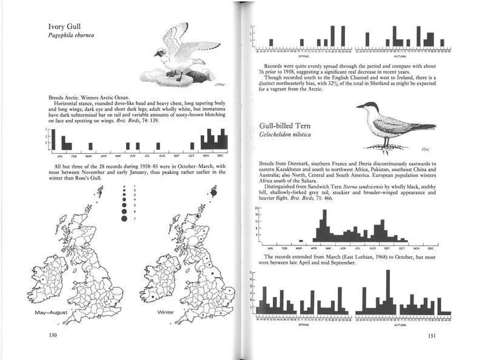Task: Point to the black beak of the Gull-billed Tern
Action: point(360,107)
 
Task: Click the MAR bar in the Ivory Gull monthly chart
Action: point(90,146)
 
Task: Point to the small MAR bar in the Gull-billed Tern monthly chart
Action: point(300,241)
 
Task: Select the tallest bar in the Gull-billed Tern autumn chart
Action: point(387,292)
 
